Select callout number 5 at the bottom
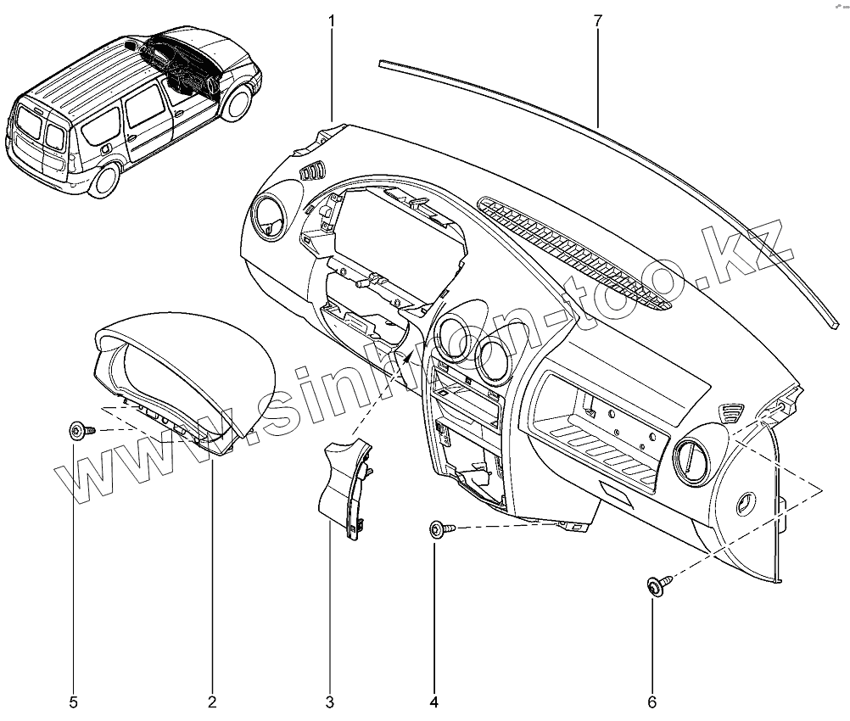pos(73,701)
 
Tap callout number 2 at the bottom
pos(211,701)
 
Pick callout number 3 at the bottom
pos(330,701)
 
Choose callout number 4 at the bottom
pos(434,701)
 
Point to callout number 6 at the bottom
pos(652,701)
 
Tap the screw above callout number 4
pos(439,529)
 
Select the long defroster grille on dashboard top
pos(573,249)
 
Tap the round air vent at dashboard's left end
pos(269,217)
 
